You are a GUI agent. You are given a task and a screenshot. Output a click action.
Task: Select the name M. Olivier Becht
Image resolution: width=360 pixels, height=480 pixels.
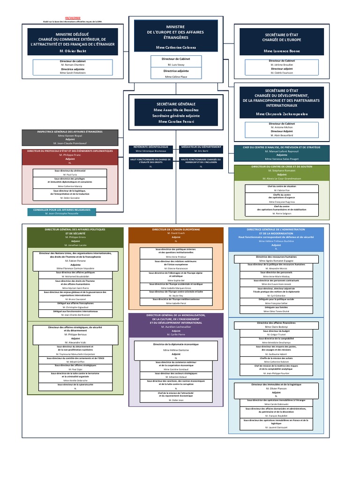point(72,51)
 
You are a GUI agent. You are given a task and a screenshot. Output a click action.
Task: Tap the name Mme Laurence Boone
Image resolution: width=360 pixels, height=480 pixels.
point(282,50)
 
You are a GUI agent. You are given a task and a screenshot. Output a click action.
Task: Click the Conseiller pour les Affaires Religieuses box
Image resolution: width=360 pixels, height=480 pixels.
point(61,210)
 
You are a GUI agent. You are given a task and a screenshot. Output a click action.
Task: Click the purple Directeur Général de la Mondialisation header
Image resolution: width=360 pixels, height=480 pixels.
point(176,319)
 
